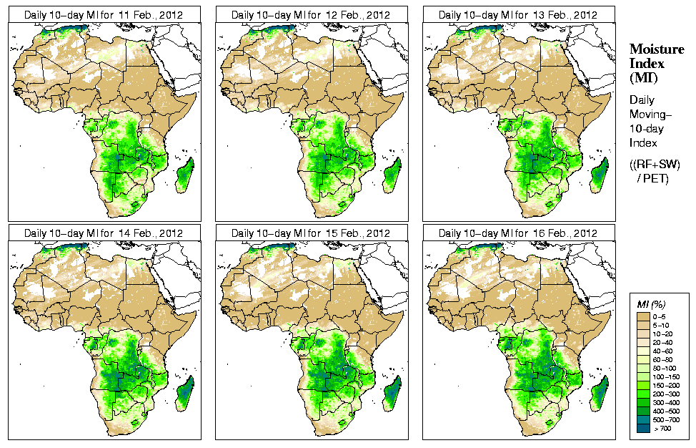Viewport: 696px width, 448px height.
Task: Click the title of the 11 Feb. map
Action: click(103, 14)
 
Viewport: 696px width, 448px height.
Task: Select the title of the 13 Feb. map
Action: click(517, 14)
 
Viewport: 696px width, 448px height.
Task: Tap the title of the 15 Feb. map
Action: click(310, 233)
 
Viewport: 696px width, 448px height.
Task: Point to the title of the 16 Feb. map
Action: click(517, 233)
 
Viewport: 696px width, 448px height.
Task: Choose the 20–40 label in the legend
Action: click(662, 342)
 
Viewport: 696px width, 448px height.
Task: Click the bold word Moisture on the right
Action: click(657, 49)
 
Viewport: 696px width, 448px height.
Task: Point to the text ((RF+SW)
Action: click(656, 165)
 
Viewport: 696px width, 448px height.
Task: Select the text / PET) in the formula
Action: click(653, 178)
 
